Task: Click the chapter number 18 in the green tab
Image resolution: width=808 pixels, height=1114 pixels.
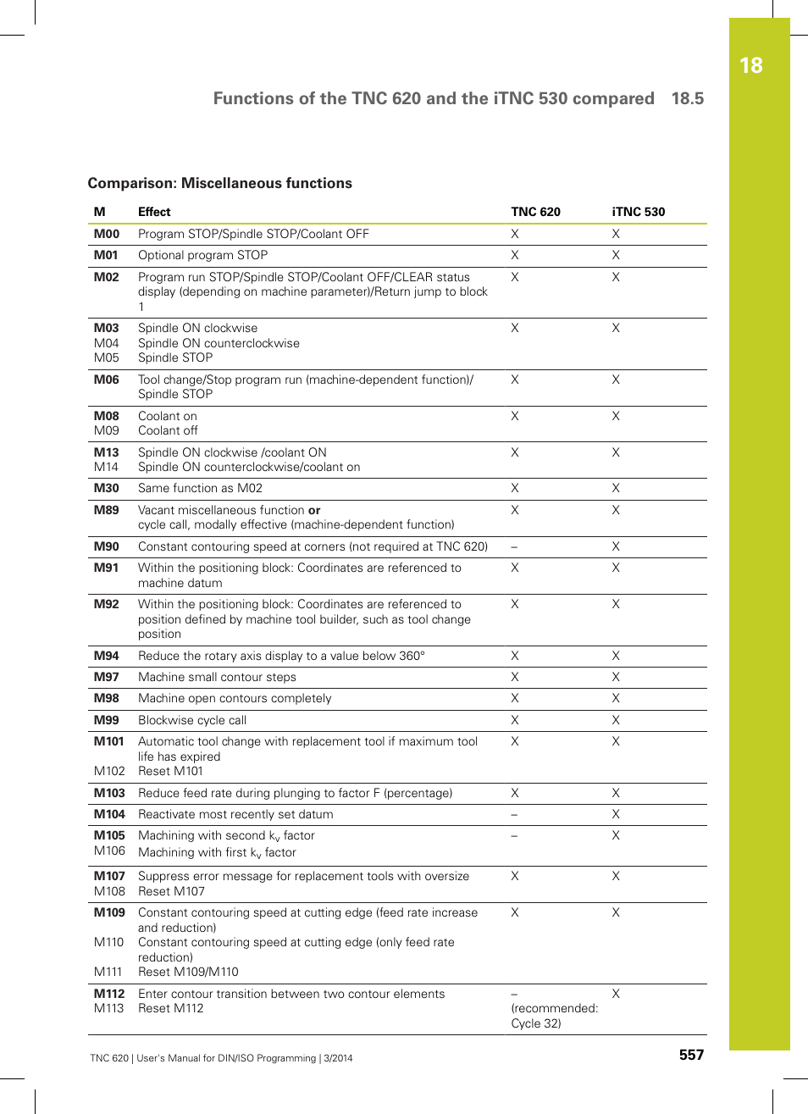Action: pos(750,66)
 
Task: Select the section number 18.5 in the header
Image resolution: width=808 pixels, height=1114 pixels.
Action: pos(687,98)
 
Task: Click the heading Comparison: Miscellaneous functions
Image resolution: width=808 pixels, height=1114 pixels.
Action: pos(219,183)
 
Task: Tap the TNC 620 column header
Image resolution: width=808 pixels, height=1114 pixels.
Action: pos(535,212)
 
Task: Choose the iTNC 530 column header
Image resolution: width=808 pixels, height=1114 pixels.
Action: pos(638,212)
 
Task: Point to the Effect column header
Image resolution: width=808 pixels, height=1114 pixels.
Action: pos(154,212)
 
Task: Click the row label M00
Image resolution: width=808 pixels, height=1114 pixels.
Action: pos(107,234)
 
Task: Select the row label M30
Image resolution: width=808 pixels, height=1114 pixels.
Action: pos(107,488)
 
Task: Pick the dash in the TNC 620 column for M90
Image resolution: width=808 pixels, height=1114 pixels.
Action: pos(514,547)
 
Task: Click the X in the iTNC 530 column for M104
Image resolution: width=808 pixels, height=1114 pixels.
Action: pos(616,814)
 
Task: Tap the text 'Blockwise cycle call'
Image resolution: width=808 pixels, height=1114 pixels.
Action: pos(192,720)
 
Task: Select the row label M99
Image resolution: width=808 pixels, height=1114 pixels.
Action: pos(107,720)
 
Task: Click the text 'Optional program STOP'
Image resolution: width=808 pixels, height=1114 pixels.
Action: pos(202,255)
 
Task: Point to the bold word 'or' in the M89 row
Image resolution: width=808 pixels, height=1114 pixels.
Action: pos(314,510)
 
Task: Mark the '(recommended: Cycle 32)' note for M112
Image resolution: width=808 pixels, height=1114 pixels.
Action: pos(554,1016)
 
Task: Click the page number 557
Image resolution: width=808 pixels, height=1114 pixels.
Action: pos(691,1055)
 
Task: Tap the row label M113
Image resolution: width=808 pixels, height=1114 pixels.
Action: pos(109,1008)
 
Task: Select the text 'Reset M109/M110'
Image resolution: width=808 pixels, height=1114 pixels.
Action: pos(188,972)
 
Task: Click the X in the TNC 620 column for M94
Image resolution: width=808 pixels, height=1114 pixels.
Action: pos(515,656)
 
